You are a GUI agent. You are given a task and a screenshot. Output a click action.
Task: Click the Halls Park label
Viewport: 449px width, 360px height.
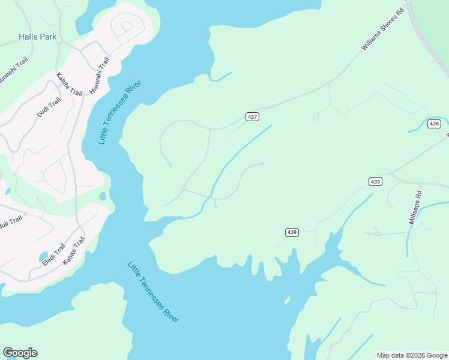pyautogui.click(x=37, y=37)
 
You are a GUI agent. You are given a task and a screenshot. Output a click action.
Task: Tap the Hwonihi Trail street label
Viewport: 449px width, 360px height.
pyautogui.click(x=99, y=76)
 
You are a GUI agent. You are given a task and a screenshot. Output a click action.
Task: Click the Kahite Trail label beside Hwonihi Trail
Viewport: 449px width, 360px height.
pyautogui.click(x=69, y=84)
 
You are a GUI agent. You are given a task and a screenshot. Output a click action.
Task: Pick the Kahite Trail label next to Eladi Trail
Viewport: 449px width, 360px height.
pyautogui.click(x=74, y=249)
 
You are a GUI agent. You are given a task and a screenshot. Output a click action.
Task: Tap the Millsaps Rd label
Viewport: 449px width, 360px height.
pyautogui.click(x=415, y=208)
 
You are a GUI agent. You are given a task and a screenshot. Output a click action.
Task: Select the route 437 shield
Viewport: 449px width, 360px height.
pyautogui.click(x=253, y=117)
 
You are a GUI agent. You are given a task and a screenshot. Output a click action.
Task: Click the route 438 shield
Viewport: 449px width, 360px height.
pyautogui.click(x=435, y=124)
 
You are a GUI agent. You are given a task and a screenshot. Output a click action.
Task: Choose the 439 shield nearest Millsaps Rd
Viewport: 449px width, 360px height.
pyautogui.click(x=375, y=181)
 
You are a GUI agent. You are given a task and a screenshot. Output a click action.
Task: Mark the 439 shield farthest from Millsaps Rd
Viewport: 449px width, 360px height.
pyautogui.click(x=292, y=232)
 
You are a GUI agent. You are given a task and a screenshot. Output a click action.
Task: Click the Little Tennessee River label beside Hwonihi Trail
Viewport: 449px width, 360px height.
pyautogui.click(x=114, y=110)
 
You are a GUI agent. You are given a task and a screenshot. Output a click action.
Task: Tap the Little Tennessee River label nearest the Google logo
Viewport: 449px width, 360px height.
pyautogui.click(x=153, y=292)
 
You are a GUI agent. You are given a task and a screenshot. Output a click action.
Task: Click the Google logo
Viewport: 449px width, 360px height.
pyautogui.click(x=20, y=353)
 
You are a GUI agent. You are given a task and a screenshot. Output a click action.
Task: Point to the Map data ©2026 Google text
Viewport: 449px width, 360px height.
pyautogui.click(x=412, y=355)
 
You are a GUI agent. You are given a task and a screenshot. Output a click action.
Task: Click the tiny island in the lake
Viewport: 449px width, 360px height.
pyautogui.click(x=288, y=301)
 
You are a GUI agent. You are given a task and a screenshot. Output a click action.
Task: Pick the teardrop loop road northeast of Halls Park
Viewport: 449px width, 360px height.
pyautogui.click(x=127, y=26)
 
